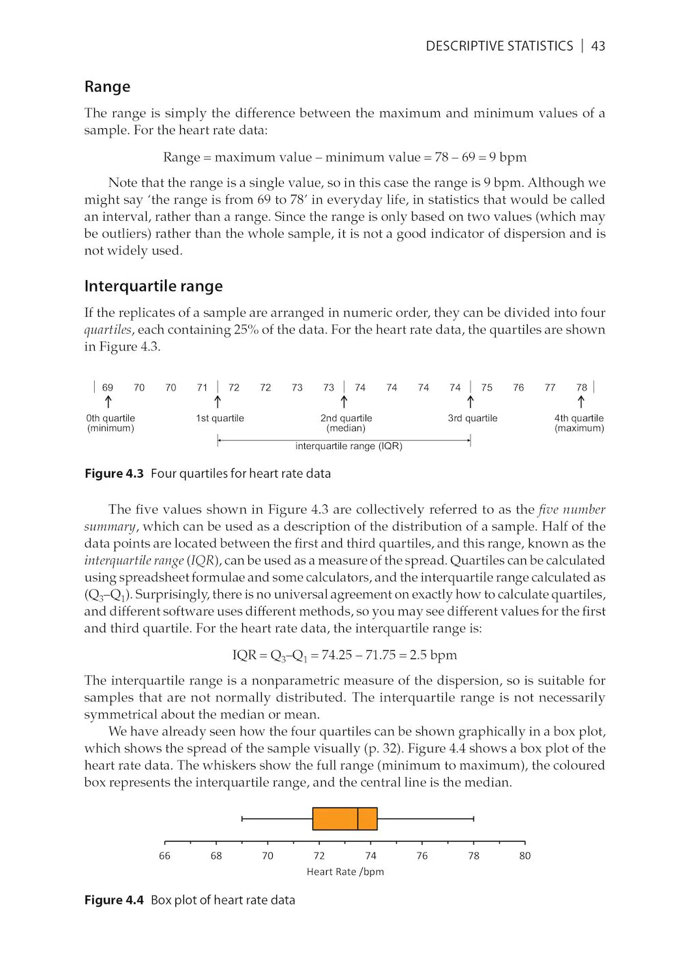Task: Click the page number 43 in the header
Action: (598, 46)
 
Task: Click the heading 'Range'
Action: (107, 87)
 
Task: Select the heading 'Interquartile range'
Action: (153, 286)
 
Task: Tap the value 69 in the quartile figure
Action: (108, 388)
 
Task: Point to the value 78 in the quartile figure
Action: (582, 388)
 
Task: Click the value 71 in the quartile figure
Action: (202, 388)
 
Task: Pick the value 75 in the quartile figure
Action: (487, 388)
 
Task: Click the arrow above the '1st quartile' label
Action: (218, 402)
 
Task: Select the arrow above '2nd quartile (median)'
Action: (344, 402)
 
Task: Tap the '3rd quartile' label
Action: (473, 418)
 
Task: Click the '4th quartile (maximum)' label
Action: (579, 423)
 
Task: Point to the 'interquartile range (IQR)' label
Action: (349, 446)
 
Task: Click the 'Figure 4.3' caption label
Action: (114, 474)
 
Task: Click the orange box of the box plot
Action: (334, 819)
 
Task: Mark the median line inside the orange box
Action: (358, 819)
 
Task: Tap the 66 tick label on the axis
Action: (164, 856)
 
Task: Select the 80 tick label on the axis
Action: (524, 856)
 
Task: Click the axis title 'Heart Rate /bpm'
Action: (345, 872)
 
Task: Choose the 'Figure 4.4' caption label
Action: (114, 900)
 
